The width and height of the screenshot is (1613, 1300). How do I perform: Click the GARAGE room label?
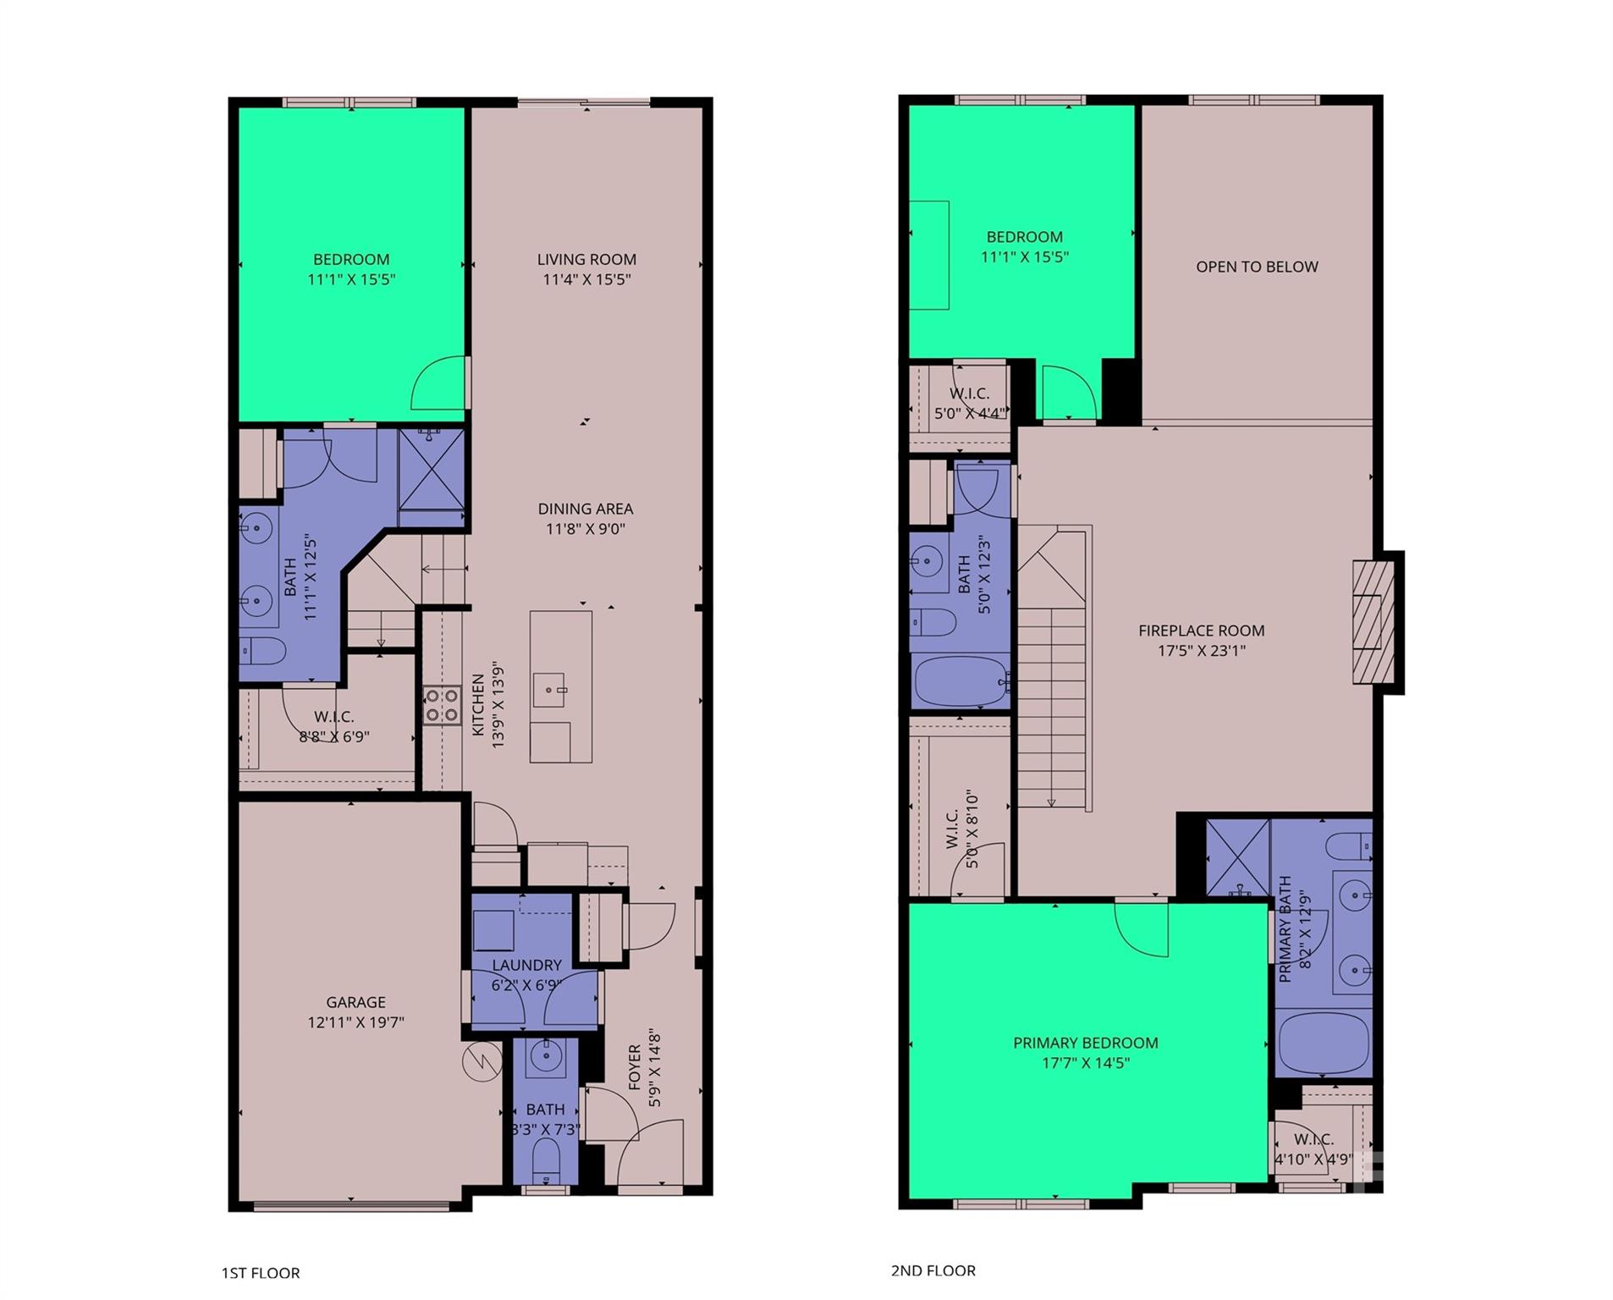355,1002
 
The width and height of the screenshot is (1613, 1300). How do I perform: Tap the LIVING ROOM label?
586,260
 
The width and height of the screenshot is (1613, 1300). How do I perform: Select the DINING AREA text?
585,509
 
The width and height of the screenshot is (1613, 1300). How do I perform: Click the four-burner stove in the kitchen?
442,705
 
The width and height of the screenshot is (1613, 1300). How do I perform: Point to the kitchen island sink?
549,690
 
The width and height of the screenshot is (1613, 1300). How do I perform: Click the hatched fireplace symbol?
1372,622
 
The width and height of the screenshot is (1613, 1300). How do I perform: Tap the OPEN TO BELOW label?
1256,267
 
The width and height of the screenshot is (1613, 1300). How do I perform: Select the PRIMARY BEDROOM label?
1085,1043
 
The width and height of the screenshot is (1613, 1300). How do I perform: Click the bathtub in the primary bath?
1322,1043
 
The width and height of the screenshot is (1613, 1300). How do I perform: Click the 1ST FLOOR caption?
261,1273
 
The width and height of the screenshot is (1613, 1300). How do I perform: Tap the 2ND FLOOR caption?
933,1270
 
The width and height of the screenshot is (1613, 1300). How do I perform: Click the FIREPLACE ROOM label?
1201,631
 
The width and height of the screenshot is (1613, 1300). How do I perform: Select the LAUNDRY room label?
526,965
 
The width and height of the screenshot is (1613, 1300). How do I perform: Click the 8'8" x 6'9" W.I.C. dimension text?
334,736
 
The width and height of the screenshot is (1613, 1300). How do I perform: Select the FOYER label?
635,1067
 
